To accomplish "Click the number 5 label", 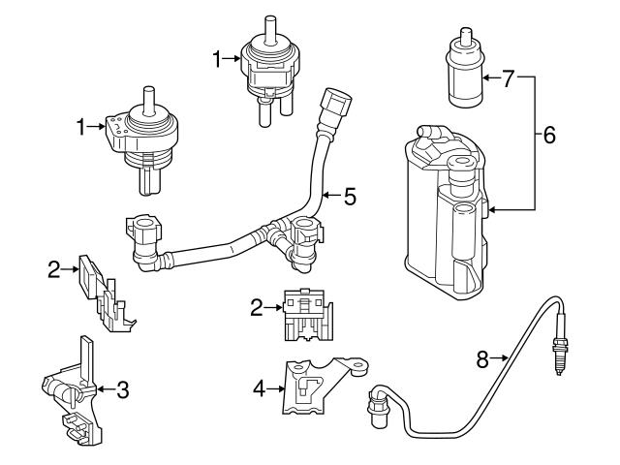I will pos(350,197).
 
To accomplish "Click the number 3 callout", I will pos(121,390).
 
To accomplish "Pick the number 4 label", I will pos(259,388).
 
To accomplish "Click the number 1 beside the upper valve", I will pos(218,60).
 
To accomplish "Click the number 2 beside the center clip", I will pos(257,309).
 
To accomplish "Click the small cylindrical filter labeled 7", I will pos(462,73).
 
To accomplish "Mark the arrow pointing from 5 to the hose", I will pos(330,197).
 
